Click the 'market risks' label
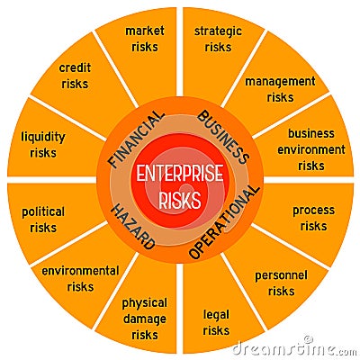coord(145,39)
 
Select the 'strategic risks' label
coord(218,39)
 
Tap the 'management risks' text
coord(280,89)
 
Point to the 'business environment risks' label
coord(311,149)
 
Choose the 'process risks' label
coord(313,218)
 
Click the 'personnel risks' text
coord(281,283)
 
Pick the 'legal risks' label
coord(216,322)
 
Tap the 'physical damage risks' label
coord(145,319)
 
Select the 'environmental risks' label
coord(80,279)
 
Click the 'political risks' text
coord(43,220)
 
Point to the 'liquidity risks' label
coord(43,145)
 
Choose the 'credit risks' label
coord(75,76)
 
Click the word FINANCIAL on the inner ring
coord(137,139)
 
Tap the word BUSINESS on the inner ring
coord(223,137)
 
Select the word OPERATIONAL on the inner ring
coord(224,222)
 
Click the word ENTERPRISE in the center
coord(180,173)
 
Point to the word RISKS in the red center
coord(180,200)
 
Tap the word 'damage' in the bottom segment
coord(145,319)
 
